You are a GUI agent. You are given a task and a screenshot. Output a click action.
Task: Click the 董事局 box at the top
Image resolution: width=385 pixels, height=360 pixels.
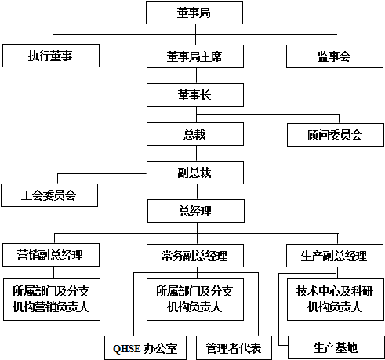(x=194, y=13)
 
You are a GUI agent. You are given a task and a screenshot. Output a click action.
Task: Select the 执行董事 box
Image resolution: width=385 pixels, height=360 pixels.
(x=51, y=56)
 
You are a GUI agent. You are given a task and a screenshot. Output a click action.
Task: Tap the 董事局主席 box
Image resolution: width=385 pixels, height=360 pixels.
(x=195, y=56)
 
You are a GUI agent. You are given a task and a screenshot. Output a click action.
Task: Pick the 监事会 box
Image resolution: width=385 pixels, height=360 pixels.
(x=335, y=56)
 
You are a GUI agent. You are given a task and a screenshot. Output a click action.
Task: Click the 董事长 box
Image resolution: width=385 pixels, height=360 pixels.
(x=195, y=95)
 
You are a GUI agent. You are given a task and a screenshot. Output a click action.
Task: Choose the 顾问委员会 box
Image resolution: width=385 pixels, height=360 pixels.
(x=336, y=135)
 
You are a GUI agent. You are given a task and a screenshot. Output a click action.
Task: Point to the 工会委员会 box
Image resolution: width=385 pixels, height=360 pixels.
(x=49, y=195)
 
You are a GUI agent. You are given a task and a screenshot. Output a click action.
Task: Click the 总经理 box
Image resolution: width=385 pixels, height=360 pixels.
(x=196, y=211)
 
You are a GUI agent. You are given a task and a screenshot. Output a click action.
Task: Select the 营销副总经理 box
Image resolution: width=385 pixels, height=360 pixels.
(x=51, y=255)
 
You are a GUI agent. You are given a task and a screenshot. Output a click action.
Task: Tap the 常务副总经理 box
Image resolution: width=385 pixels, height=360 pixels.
(x=195, y=256)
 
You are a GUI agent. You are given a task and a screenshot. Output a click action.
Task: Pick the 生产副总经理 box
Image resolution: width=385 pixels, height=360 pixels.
(x=335, y=256)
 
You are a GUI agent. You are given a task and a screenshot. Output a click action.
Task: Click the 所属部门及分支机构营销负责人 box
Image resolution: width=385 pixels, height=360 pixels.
(x=52, y=300)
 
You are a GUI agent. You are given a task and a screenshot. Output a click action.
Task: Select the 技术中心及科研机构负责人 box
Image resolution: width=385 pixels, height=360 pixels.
(x=336, y=300)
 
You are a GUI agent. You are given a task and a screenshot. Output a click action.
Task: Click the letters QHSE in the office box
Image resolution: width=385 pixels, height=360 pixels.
(x=127, y=349)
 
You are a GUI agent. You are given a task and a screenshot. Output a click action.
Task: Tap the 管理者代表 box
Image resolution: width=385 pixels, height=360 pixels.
(x=234, y=348)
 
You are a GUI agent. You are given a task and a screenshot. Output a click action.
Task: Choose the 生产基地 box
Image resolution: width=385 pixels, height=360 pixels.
(x=336, y=348)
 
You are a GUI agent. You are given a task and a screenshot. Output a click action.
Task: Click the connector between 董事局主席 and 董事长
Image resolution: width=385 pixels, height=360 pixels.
(x=196, y=76)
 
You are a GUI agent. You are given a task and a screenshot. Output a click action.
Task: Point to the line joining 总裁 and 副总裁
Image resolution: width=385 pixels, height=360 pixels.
(x=196, y=154)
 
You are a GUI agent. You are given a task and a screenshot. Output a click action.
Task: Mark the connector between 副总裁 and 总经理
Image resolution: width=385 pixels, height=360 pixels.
(x=197, y=192)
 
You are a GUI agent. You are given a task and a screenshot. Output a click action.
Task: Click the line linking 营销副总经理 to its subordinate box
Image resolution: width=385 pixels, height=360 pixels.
(x=54, y=273)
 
